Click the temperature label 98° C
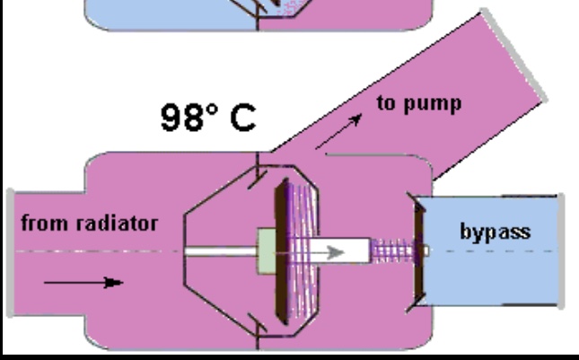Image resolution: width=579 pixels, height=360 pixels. coord(208,118)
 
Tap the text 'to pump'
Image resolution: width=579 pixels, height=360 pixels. coord(419,102)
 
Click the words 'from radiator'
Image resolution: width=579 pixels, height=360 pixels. coord(89,224)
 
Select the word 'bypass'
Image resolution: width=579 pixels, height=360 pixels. coord(495,232)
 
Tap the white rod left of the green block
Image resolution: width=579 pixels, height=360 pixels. coord(220,251)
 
